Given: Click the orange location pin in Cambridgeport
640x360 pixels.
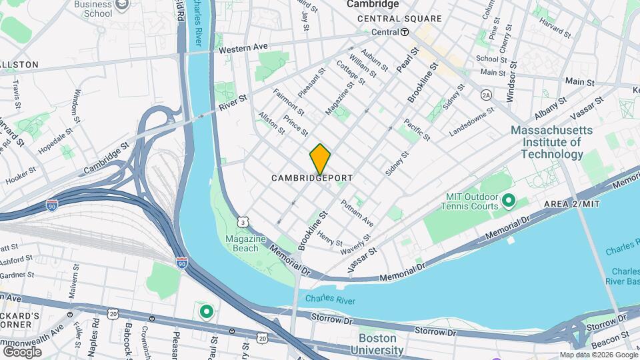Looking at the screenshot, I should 320,159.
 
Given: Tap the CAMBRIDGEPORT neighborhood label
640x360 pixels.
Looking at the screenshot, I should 312,179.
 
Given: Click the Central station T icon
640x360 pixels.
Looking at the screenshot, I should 405,32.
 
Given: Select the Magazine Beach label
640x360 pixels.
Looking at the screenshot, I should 246,244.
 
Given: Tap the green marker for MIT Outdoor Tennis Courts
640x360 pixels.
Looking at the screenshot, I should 508,200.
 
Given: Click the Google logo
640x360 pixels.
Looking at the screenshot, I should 21,351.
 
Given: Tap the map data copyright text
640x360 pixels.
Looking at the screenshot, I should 598,355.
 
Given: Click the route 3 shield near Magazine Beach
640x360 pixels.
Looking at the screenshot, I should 244,222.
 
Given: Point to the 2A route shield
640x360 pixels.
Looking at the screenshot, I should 486,95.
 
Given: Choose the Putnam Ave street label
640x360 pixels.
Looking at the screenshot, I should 357,212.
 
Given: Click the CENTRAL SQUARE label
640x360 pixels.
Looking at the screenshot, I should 399,19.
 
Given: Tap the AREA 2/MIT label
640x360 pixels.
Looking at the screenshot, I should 572,203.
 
